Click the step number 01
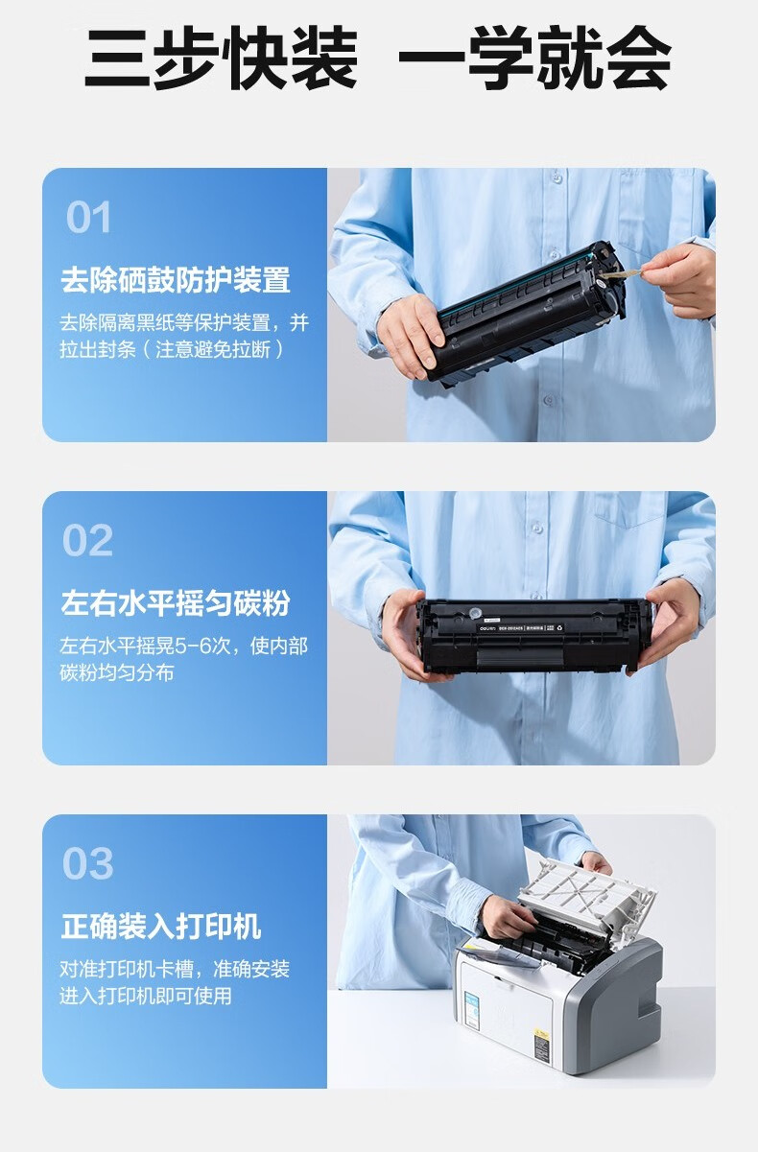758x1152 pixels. pos(88,217)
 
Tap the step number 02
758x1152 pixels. pos(87,540)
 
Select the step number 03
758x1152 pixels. pos(87,863)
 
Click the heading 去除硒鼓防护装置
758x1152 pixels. pos(176,280)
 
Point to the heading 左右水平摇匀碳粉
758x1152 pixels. pos(176,602)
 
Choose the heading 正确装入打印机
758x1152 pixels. pos(161,927)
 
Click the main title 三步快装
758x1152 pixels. pos(222,58)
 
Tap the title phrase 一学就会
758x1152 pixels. pos(534,58)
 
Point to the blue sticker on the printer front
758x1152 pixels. pos(471,1011)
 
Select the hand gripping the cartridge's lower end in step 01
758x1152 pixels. pos(411,336)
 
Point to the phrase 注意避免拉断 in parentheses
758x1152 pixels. pos(213,350)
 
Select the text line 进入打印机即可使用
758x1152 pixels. pos(146,997)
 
